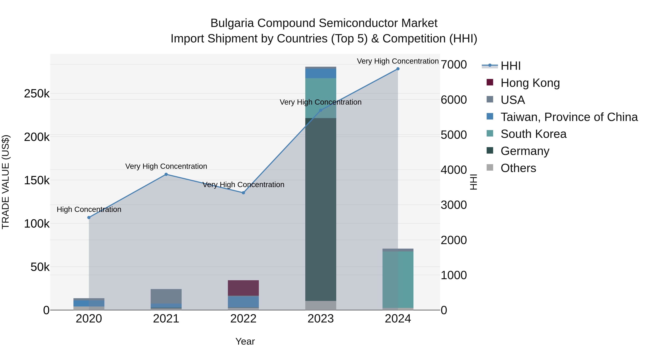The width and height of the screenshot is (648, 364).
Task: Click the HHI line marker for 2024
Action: point(398,69)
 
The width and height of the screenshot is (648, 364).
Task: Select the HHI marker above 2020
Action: point(89,218)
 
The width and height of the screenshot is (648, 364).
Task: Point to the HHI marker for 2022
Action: point(243,193)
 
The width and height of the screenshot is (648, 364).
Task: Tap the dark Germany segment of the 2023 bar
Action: point(320,209)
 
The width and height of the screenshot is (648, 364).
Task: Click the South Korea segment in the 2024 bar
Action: point(398,279)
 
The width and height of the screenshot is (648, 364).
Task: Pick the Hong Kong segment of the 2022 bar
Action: point(243,288)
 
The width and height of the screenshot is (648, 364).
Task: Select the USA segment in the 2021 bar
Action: point(166,296)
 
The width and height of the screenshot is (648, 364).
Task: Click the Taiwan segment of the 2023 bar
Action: point(320,73)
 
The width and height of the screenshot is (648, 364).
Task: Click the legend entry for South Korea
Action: point(533,134)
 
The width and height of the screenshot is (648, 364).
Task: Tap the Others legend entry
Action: point(518,168)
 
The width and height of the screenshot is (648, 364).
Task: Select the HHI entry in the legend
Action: point(510,66)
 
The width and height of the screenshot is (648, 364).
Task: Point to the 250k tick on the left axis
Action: point(37,94)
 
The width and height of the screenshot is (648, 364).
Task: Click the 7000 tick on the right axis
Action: point(454,65)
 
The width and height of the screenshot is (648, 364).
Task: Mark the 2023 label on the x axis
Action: point(320,319)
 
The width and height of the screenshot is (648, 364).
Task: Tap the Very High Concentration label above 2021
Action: point(166,166)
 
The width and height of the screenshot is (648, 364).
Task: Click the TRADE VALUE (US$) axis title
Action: point(6,182)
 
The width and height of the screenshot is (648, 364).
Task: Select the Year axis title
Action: point(245,341)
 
